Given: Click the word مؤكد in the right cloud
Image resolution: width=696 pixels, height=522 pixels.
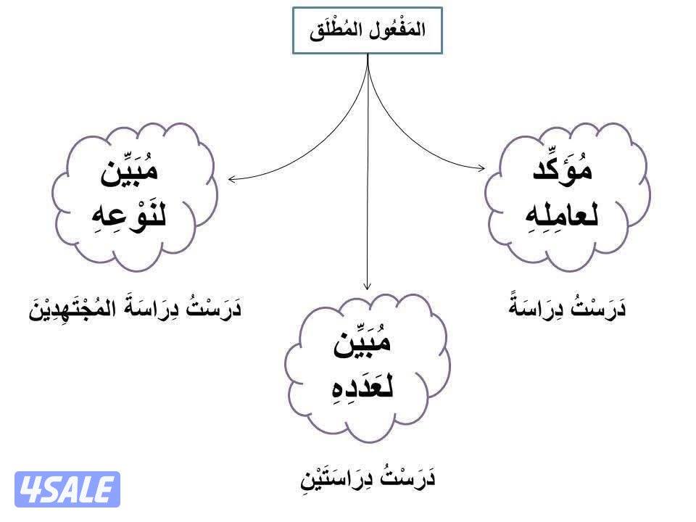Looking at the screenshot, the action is click(x=563, y=168).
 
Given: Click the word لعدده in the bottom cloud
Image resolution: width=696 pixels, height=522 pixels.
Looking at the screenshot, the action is click(x=362, y=386).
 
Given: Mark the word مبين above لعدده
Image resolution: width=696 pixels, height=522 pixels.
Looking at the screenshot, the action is click(x=362, y=341).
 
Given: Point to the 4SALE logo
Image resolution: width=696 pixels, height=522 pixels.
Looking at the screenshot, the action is click(x=67, y=489).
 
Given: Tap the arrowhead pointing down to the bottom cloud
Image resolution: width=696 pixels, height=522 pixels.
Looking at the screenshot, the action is click(x=367, y=286).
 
